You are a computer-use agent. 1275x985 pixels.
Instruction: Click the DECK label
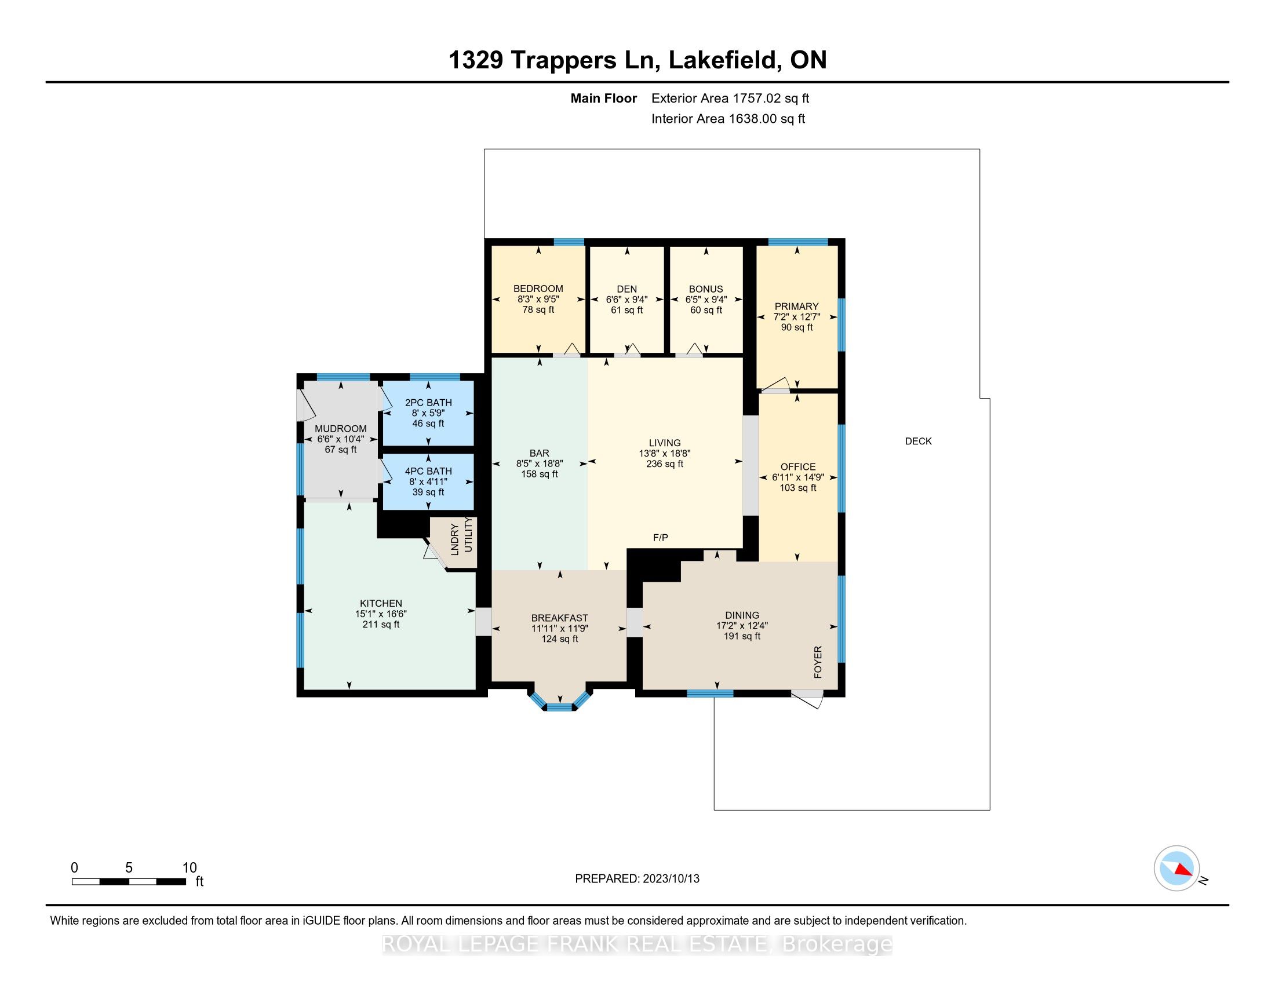click(918, 441)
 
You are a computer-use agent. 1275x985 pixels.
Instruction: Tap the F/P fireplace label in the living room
click(660, 538)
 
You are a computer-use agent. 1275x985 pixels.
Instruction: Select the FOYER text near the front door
click(818, 662)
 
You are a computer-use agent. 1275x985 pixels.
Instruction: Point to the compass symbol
click(1176, 868)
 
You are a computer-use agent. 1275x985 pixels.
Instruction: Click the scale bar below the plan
click(129, 881)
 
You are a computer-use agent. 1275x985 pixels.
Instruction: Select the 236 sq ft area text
click(664, 464)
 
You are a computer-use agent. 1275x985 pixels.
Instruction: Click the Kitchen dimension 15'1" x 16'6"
click(381, 614)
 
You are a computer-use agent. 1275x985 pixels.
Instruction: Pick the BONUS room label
click(706, 289)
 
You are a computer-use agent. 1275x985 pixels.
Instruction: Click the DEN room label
click(626, 289)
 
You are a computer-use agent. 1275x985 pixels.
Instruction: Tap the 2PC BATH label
click(428, 403)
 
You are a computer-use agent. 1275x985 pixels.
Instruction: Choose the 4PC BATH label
click(428, 471)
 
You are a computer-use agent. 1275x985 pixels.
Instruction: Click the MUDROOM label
click(340, 428)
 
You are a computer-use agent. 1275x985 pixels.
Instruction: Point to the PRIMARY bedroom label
click(796, 307)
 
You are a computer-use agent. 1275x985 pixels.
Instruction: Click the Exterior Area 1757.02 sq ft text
click(730, 98)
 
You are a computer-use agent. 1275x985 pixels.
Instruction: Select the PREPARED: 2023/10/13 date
click(637, 878)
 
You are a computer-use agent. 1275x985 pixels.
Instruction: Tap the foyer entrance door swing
click(808, 699)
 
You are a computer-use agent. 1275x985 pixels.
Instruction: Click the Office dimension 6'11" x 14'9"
click(797, 477)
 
